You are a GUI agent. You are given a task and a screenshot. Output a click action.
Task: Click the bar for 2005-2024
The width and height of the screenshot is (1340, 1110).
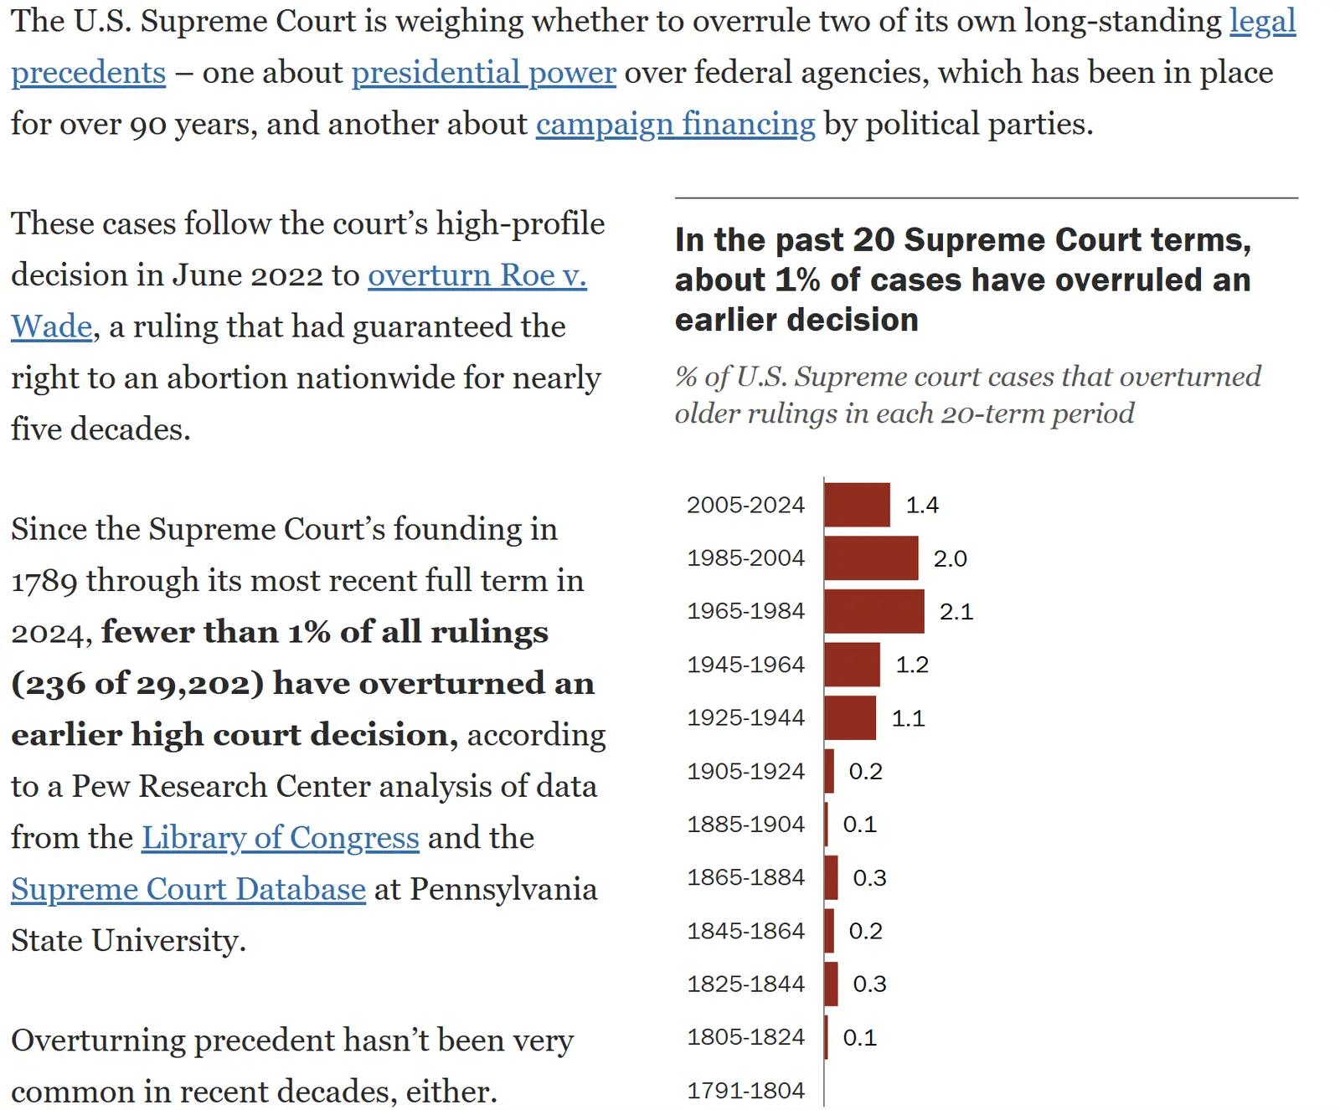[857, 505]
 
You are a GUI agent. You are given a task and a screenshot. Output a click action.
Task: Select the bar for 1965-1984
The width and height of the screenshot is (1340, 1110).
[874, 611]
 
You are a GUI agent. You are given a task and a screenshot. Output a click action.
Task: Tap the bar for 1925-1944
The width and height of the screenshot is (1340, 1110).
[850, 717]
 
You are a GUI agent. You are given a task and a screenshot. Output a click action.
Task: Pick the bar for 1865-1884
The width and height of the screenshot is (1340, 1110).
[831, 877]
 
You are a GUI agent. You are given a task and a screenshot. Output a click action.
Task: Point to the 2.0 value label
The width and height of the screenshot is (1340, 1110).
[950, 558]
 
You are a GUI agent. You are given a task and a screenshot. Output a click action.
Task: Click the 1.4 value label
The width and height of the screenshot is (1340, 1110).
[922, 505]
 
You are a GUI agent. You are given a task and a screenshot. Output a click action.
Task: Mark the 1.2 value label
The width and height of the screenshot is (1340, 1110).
[912, 665]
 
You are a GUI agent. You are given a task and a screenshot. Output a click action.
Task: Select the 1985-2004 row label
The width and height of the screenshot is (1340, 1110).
[745, 558]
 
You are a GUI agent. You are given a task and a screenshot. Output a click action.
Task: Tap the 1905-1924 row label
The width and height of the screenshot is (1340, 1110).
[745, 771]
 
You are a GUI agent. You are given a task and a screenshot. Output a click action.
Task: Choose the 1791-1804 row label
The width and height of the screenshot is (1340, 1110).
[745, 1091]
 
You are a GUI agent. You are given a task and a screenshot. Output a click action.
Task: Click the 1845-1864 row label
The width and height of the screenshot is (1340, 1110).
[745, 931]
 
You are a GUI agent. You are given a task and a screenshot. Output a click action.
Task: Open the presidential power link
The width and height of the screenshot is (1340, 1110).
[483, 73]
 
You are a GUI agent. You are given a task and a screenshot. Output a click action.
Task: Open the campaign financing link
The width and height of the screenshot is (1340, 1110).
[675, 124]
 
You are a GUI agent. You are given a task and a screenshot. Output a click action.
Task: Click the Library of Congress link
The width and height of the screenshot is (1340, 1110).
[280, 837]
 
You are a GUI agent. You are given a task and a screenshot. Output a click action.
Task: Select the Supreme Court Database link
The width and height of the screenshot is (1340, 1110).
[188, 889]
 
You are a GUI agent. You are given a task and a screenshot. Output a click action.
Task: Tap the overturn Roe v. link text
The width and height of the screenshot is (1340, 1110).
[477, 275]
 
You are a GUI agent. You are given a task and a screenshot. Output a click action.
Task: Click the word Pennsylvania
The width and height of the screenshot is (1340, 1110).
[503, 889]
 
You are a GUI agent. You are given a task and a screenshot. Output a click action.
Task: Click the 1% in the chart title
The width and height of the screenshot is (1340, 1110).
[797, 280]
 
